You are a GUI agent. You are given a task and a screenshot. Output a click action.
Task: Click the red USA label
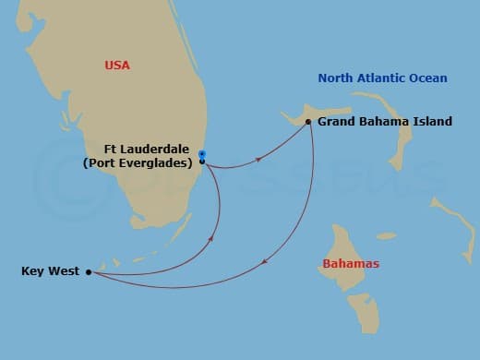point(117,66)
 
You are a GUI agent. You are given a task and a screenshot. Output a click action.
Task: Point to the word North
point(337,78)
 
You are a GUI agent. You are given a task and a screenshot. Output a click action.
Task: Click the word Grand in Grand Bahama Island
point(337,121)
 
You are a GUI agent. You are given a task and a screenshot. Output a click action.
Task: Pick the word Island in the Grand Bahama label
point(432,121)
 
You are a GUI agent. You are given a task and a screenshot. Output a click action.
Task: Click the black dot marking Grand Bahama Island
point(307,121)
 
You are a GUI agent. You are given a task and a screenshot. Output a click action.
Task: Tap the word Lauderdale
point(161,148)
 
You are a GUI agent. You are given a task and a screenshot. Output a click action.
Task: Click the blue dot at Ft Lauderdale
point(202,154)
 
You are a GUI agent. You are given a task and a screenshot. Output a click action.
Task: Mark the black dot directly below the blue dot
point(202,162)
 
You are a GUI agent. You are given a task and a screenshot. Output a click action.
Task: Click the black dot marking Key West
point(88,271)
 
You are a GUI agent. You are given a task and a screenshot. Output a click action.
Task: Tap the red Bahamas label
point(351,264)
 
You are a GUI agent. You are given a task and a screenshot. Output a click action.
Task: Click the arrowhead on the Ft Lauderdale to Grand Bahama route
point(258,160)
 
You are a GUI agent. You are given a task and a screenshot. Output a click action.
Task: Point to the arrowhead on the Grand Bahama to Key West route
point(265,263)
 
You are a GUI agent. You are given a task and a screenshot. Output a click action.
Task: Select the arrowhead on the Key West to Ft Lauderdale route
point(212,239)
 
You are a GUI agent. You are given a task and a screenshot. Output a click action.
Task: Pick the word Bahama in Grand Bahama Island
point(384,121)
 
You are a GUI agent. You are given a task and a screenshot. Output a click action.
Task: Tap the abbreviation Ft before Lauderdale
point(114,148)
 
